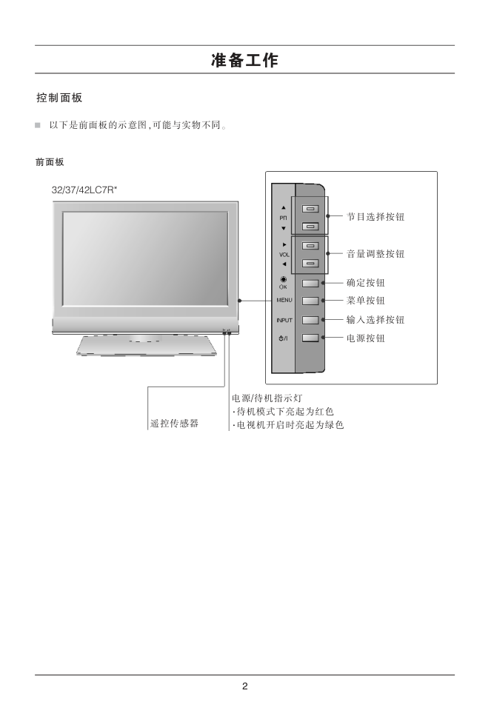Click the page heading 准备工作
pyautogui.click(x=244, y=60)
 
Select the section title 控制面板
pyautogui.click(x=59, y=98)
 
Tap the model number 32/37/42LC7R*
pyautogui.click(x=84, y=190)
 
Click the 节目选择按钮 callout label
pyautogui.click(x=375, y=217)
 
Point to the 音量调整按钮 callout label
pyautogui.click(x=375, y=254)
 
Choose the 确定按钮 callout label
pyautogui.click(x=366, y=283)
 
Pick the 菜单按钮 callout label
pyautogui.click(x=366, y=301)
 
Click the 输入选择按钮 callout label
pyautogui.click(x=375, y=320)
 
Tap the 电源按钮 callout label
pyautogui.click(x=366, y=338)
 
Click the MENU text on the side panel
pyautogui.click(x=284, y=301)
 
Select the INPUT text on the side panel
pyautogui.click(x=284, y=320)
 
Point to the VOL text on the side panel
pyautogui.click(x=284, y=255)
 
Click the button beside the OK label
pyautogui.click(x=310, y=284)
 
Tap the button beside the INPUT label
pyautogui.click(x=310, y=320)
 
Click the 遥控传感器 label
pyautogui.click(x=174, y=424)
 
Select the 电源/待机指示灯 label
pyautogui.click(x=267, y=398)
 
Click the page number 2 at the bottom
pyautogui.click(x=245, y=686)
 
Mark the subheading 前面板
pyautogui.click(x=50, y=162)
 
